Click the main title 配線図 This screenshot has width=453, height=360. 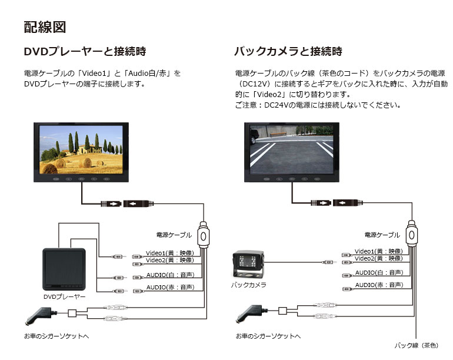45,27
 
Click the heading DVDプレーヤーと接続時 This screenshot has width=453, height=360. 85,51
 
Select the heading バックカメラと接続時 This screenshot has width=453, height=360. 288,51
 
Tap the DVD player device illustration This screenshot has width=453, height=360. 64,269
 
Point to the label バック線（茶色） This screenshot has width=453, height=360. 417,345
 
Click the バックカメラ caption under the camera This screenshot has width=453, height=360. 248,285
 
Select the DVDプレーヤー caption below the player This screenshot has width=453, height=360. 65,296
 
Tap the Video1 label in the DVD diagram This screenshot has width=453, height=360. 170,253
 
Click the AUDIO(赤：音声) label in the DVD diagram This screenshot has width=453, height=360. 170,287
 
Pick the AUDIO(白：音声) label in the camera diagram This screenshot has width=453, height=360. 379,272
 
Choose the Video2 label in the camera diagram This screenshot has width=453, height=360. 379,258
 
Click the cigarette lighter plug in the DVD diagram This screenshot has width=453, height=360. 41,315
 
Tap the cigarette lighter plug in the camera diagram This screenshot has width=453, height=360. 251,313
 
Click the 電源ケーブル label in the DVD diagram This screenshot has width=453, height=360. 174,235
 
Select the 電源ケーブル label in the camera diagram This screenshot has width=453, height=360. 382,235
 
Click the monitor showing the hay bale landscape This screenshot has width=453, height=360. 81,152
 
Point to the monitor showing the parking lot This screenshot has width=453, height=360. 292,152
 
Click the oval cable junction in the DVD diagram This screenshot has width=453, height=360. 204,236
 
